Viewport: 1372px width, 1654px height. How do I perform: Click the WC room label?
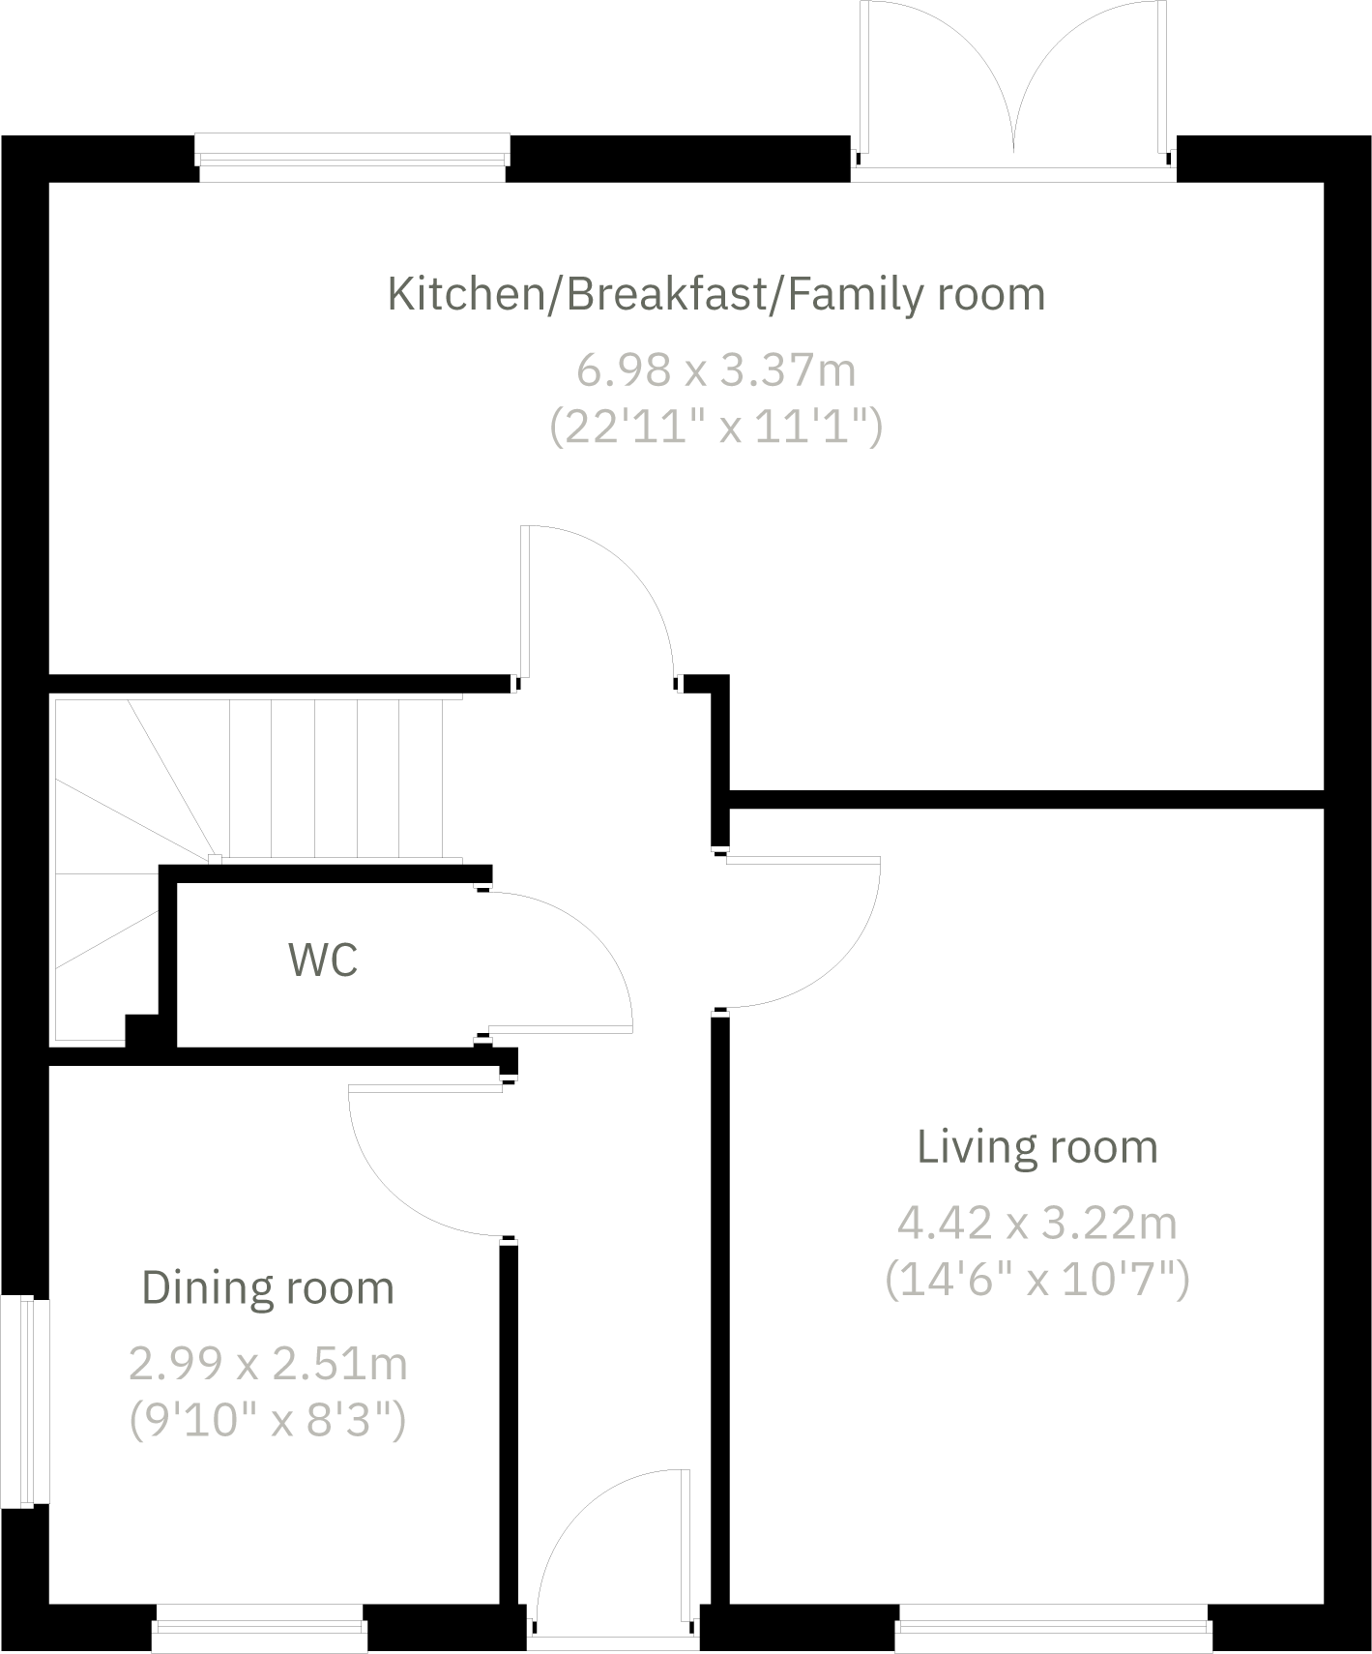click(x=323, y=960)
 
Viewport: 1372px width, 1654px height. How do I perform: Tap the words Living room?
click(x=1036, y=1147)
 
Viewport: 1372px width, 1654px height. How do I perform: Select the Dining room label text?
click(x=268, y=1288)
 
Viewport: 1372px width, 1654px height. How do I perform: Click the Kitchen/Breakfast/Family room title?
click(x=715, y=294)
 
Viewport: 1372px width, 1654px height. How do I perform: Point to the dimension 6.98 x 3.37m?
click(x=715, y=370)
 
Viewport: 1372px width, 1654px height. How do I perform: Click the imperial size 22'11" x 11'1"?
click(x=715, y=426)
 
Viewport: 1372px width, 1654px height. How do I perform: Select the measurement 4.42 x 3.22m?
click(x=1036, y=1224)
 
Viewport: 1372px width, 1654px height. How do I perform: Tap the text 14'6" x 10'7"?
click(x=1036, y=1280)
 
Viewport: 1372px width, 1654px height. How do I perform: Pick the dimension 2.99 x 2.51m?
click(x=268, y=1365)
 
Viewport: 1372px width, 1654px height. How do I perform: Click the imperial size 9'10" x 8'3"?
click(x=268, y=1421)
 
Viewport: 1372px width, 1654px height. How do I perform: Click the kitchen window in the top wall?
click(x=352, y=158)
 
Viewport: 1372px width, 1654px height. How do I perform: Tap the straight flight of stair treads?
click(x=335, y=779)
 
